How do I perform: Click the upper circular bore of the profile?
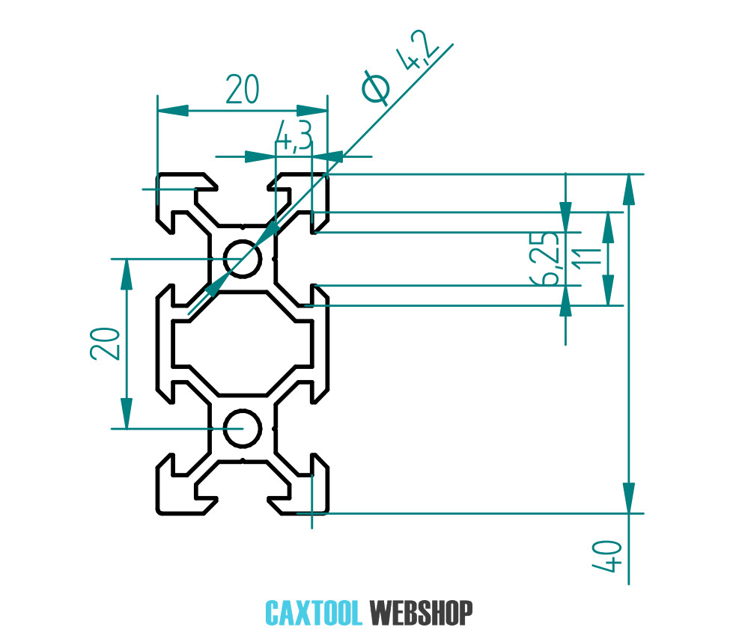click(243, 259)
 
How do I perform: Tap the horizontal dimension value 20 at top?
click(242, 91)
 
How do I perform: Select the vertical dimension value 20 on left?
click(106, 343)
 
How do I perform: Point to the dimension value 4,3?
click(293, 136)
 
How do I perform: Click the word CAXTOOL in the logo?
click(314, 613)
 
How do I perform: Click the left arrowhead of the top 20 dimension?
click(171, 111)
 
